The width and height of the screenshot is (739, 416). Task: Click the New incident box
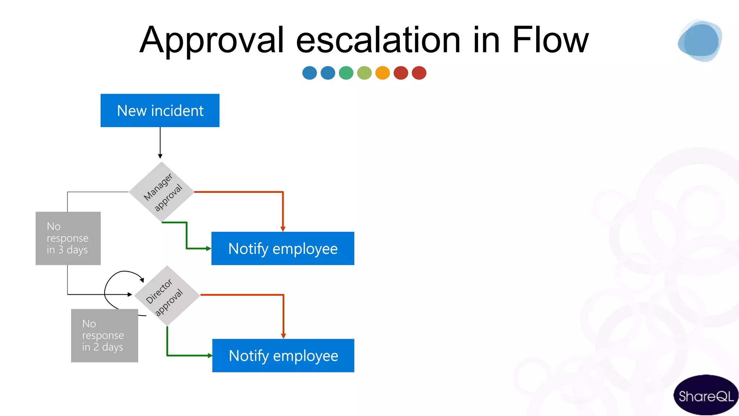click(160, 110)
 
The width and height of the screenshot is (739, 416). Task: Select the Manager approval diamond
click(161, 192)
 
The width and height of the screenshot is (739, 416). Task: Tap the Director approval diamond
click(167, 296)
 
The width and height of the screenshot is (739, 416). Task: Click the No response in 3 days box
click(68, 238)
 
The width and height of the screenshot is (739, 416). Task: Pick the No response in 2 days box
click(104, 335)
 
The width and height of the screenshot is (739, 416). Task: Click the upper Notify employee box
click(283, 248)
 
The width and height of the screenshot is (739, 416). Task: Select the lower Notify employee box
click(283, 355)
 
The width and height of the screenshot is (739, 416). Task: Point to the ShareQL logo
click(705, 395)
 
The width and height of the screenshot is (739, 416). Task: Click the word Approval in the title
click(212, 40)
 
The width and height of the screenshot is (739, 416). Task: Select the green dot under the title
click(346, 73)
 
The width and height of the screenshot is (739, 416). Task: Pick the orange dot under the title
click(382, 73)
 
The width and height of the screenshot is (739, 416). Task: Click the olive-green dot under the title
click(364, 73)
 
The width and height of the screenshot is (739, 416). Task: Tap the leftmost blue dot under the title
click(310, 73)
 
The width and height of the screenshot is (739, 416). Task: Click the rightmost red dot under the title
click(419, 73)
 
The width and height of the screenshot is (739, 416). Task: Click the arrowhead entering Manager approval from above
click(160, 156)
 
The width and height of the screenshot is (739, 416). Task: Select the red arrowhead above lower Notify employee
click(283, 336)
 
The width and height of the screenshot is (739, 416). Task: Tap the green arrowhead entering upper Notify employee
click(208, 248)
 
